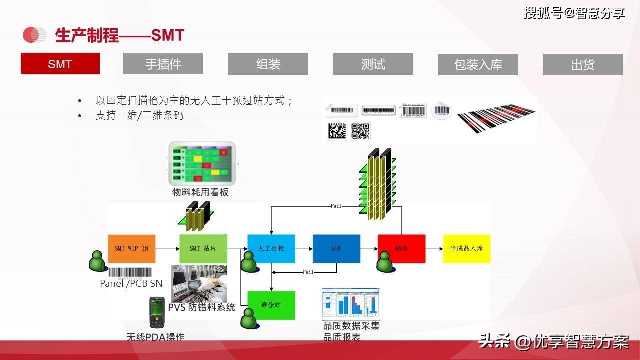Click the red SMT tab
[60, 64]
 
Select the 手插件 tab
[163, 64]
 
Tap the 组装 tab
[268, 64]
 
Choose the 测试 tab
[373, 64]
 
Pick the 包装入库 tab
[478, 64]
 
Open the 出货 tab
[583, 64]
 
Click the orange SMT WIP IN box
[131, 249]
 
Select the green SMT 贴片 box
[203, 249]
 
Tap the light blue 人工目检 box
[271, 249]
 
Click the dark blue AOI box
[336, 249]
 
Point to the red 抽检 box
[401, 249]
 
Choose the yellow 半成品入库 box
[467, 249]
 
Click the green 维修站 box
[271, 305]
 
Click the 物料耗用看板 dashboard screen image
[202, 163]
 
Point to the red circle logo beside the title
[34, 35]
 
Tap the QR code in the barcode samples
[360, 131]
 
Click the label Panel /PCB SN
[131, 284]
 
